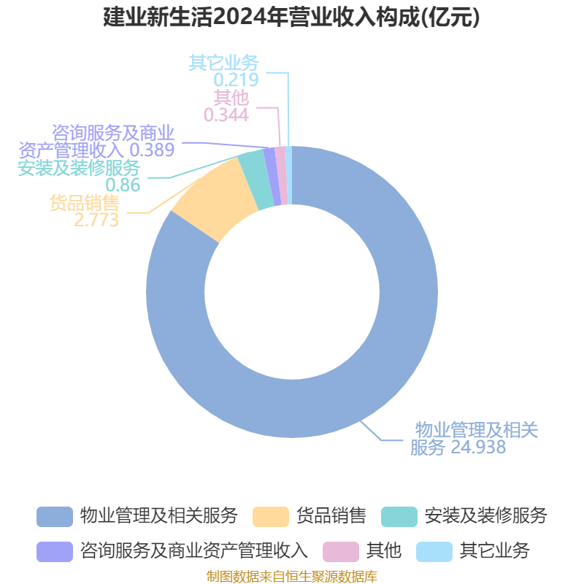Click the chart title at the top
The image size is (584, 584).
coord(291,18)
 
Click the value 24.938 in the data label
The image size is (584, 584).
coord(478,447)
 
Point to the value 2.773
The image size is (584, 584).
coord(96,220)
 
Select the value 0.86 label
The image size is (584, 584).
coord(123,185)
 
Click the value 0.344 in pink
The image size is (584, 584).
coord(226,115)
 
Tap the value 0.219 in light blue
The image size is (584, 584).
coord(236,80)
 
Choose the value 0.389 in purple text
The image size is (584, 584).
coord(152,150)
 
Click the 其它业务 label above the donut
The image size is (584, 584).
coord(223,63)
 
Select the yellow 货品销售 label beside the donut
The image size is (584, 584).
coord(85,203)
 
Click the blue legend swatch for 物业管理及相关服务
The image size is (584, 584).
coord(55,517)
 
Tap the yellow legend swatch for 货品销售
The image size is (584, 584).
coord(271,517)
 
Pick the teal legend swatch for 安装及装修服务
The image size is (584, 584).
coord(399,517)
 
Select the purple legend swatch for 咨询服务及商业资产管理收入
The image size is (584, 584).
coord(55,552)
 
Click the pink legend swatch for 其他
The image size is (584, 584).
coord(341,552)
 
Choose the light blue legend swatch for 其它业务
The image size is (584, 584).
coord(434,552)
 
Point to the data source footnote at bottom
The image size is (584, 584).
coord(292,576)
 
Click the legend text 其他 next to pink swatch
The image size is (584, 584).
coord(384,550)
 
